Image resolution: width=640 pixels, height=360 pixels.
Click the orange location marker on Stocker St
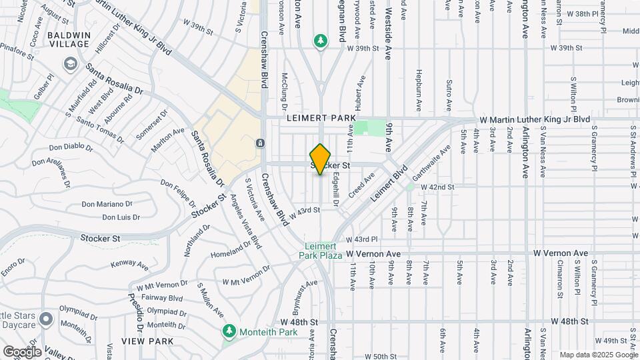pos(321,159)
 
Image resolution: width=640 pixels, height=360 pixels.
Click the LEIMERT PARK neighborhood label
pos(321,118)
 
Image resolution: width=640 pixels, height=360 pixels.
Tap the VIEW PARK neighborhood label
pos(147,341)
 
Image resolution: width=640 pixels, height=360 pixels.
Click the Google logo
pos(22,351)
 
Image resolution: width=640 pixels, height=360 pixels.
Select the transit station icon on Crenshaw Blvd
pos(260,143)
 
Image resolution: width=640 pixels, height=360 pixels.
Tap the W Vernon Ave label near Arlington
pos(561,253)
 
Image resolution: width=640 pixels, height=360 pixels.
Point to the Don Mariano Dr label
pos(103,204)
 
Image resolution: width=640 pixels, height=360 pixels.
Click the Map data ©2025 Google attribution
pos(599,355)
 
